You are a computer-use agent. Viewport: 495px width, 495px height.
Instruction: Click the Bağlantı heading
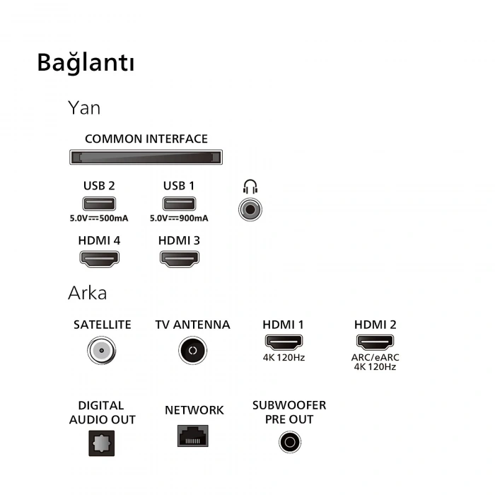(x=86, y=63)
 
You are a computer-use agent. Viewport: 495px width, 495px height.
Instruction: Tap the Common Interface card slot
(x=146, y=157)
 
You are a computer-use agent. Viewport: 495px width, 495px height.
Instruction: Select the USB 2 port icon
(x=98, y=204)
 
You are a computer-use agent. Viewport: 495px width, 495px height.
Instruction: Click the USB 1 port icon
(x=178, y=204)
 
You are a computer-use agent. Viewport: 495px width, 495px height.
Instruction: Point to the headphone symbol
(x=250, y=187)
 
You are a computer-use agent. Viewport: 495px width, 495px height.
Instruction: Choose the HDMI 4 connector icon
(x=99, y=258)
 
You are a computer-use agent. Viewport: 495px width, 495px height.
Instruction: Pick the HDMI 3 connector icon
(x=179, y=258)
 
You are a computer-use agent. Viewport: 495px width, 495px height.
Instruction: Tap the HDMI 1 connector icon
(x=283, y=343)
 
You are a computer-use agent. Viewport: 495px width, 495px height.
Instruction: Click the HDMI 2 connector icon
(x=375, y=343)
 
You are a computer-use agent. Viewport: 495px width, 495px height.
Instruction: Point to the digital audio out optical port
(x=101, y=445)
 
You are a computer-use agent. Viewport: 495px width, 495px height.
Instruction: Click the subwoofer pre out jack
(x=289, y=443)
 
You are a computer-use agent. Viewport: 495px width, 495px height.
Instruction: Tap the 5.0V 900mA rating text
(x=179, y=219)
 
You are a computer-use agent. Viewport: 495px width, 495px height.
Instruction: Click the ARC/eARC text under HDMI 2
(x=375, y=357)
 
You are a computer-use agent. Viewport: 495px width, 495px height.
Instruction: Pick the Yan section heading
(x=84, y=107)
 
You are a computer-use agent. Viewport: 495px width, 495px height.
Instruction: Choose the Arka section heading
(x=87, y=293)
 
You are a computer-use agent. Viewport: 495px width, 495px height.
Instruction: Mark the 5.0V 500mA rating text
(x=99, y=219)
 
